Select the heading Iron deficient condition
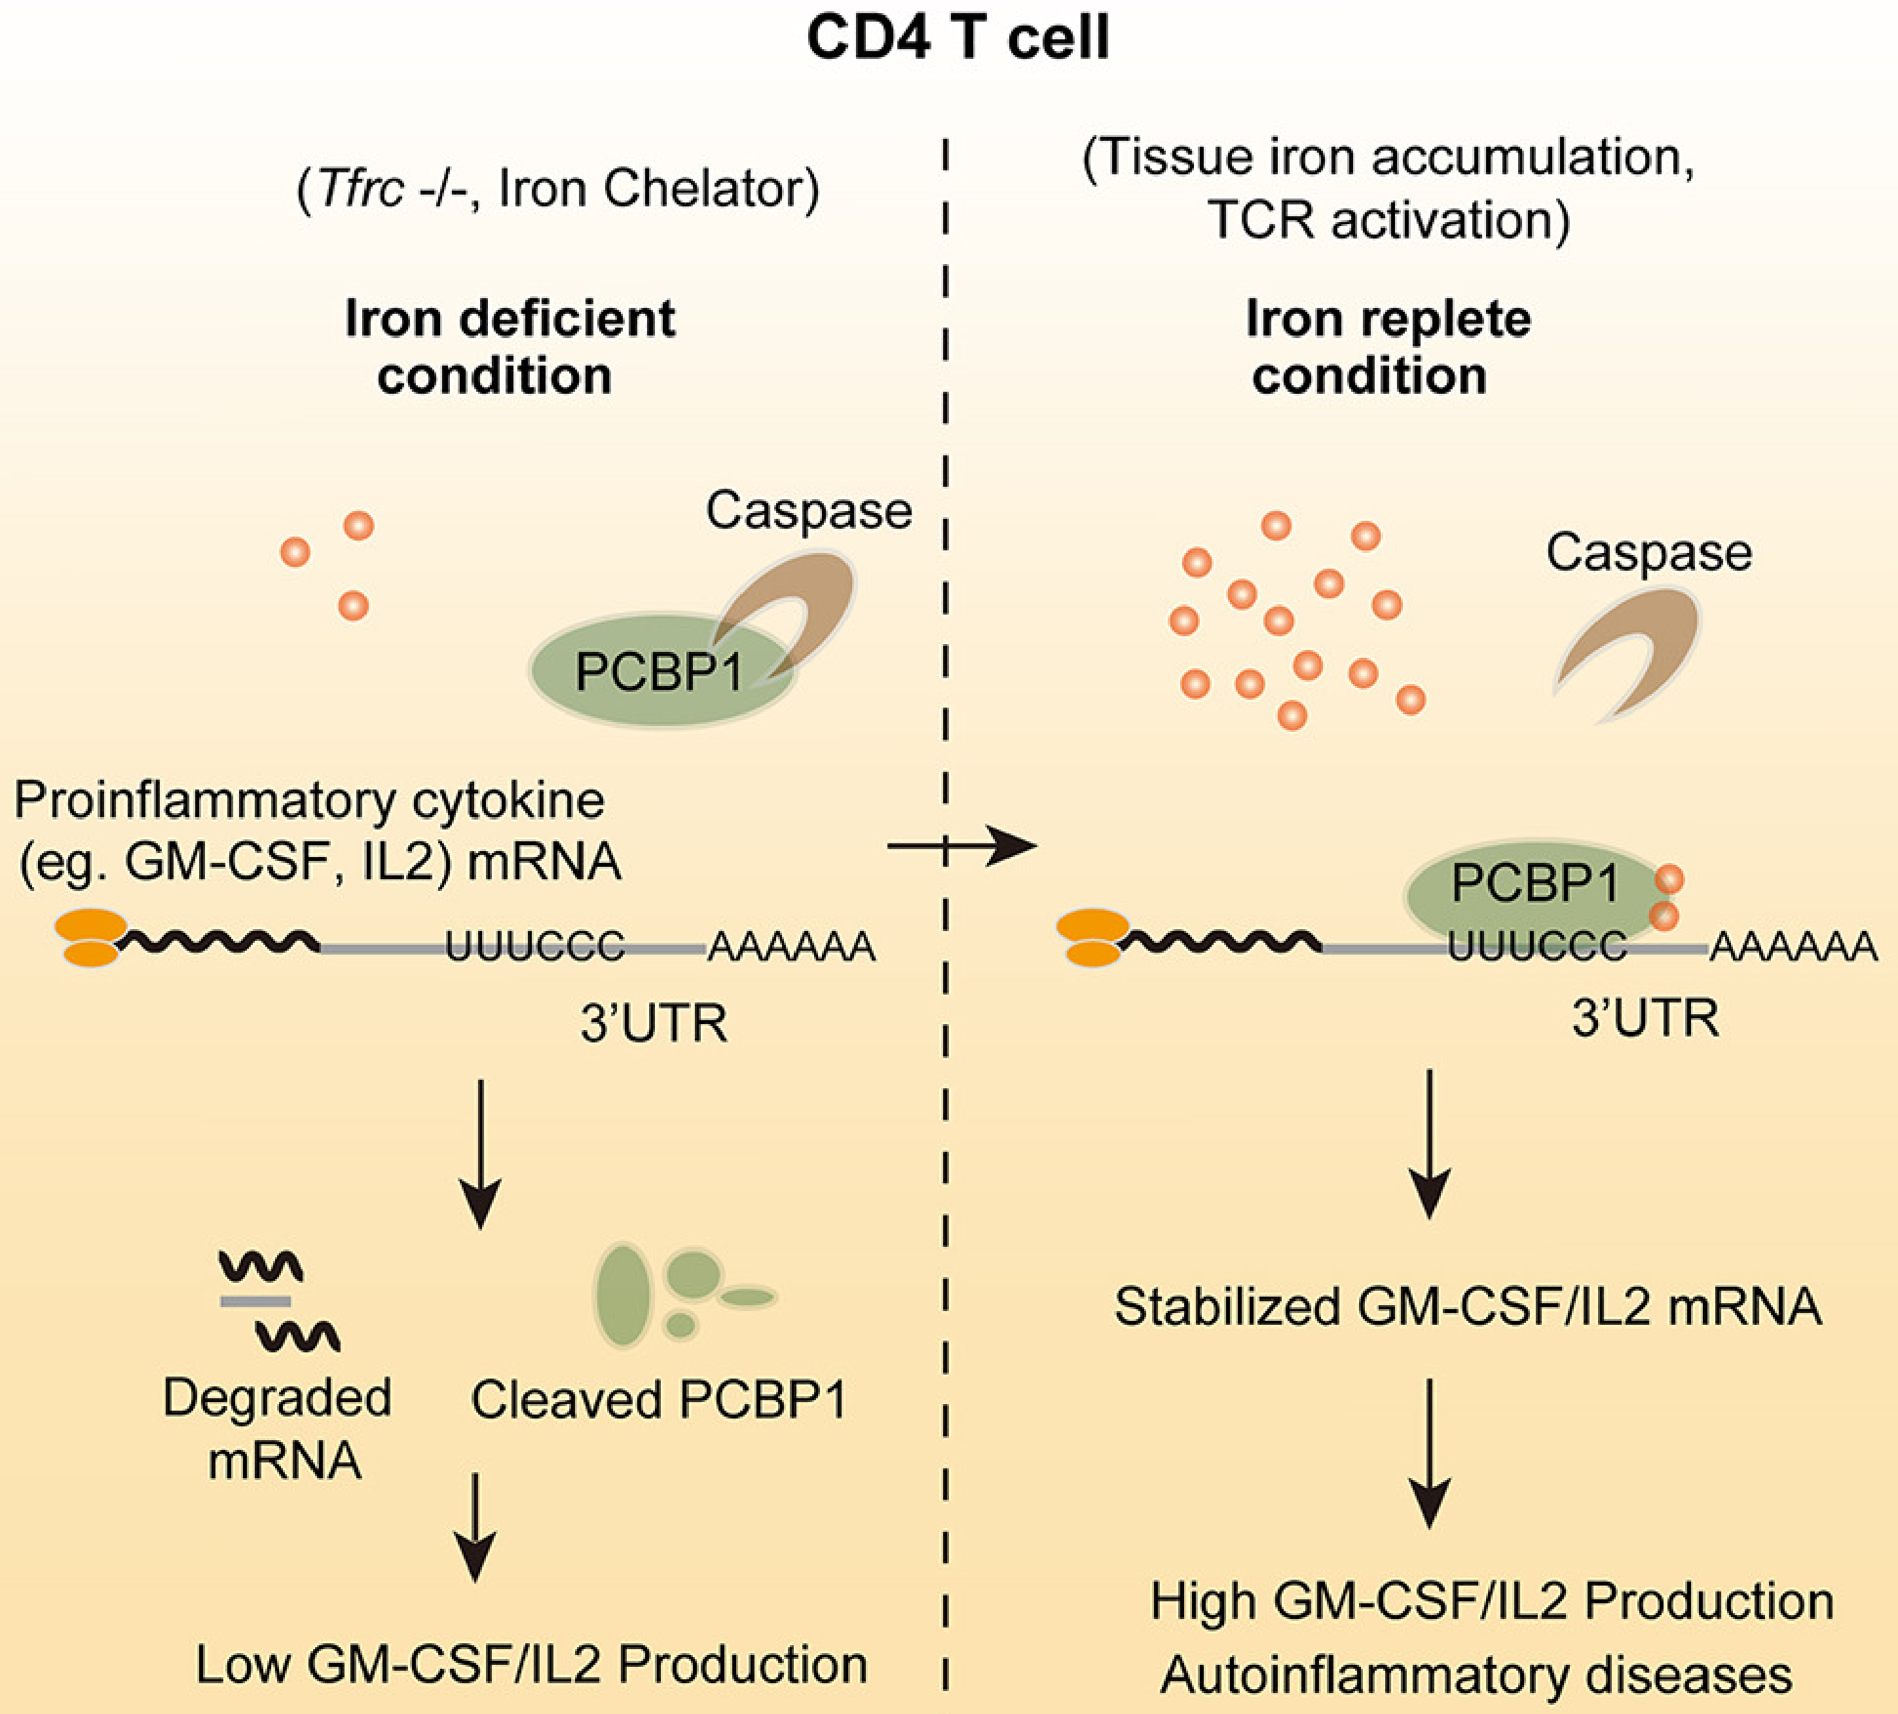point(508,347)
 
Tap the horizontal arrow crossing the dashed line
point(960,847)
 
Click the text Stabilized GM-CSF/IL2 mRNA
point(1468,1307)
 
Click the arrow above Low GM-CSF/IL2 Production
point(475,1526)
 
